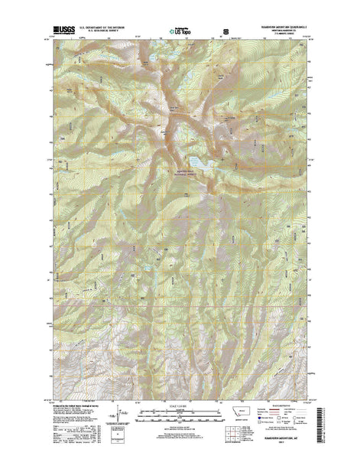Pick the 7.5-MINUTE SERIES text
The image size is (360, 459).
point(290,35)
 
